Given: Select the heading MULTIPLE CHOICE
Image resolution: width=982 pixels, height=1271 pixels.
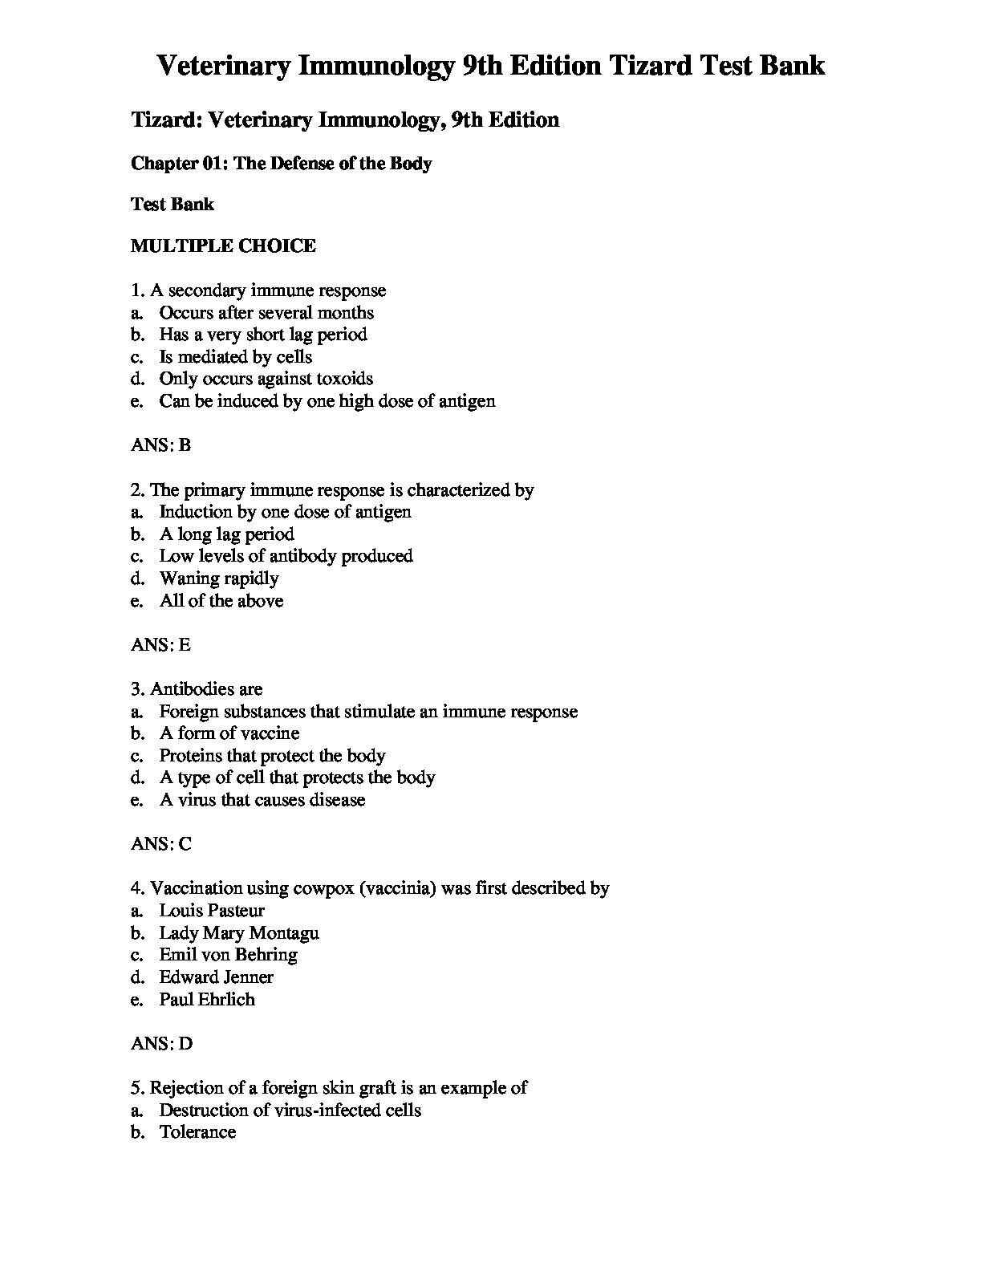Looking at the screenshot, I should pos(223,246).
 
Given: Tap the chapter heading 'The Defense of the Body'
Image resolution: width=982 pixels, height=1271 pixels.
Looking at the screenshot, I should pos(282,164).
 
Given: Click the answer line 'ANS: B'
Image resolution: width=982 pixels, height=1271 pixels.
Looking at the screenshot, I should pos(161,445).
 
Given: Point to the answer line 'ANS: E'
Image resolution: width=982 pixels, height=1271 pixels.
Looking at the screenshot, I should pos(161,644).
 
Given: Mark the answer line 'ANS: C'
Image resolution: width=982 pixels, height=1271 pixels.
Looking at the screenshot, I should pos(161,843).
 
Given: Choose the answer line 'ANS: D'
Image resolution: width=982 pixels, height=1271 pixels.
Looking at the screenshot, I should pos(161,1043).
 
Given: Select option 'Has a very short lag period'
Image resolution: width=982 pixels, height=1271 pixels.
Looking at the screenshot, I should pos(262,335).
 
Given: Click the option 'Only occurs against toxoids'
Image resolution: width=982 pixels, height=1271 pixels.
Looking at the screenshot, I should pos(266,379).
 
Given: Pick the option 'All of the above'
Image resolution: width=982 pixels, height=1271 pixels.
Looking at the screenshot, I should pos(221,601).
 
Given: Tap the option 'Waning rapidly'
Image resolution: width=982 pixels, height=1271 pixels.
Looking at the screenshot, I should pos(218,579).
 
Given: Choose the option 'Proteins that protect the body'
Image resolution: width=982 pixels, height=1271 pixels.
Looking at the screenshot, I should pos(272,756).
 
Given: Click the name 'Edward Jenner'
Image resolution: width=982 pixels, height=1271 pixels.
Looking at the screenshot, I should pos(216,977).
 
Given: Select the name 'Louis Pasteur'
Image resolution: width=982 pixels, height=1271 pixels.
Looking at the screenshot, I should pos(211,911).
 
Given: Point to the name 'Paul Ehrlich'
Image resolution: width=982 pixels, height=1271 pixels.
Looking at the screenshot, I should pos(206,1000).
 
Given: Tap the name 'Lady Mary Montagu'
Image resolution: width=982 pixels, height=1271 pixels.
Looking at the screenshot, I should pos(238,933).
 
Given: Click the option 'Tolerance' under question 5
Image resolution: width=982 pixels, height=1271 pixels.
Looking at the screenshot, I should pos(197,1132).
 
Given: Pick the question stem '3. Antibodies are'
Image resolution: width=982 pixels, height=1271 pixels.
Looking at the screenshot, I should pos(197,689).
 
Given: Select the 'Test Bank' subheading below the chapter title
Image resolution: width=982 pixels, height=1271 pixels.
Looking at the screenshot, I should pos(172,205).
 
